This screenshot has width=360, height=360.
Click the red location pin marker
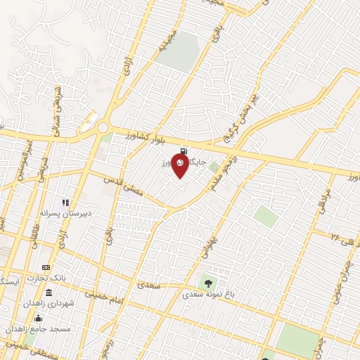(181, 166)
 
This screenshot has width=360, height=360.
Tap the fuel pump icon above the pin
(183, 150)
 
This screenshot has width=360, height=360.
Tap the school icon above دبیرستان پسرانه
(66, 202)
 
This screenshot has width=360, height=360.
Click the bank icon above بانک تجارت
(46, 267)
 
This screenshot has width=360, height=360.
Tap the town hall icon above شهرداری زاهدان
(48, 292)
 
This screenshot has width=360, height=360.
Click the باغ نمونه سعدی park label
(209, 294)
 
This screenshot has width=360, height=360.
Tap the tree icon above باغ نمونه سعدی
(209, 283)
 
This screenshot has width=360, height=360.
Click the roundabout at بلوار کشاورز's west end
(103, 128)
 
